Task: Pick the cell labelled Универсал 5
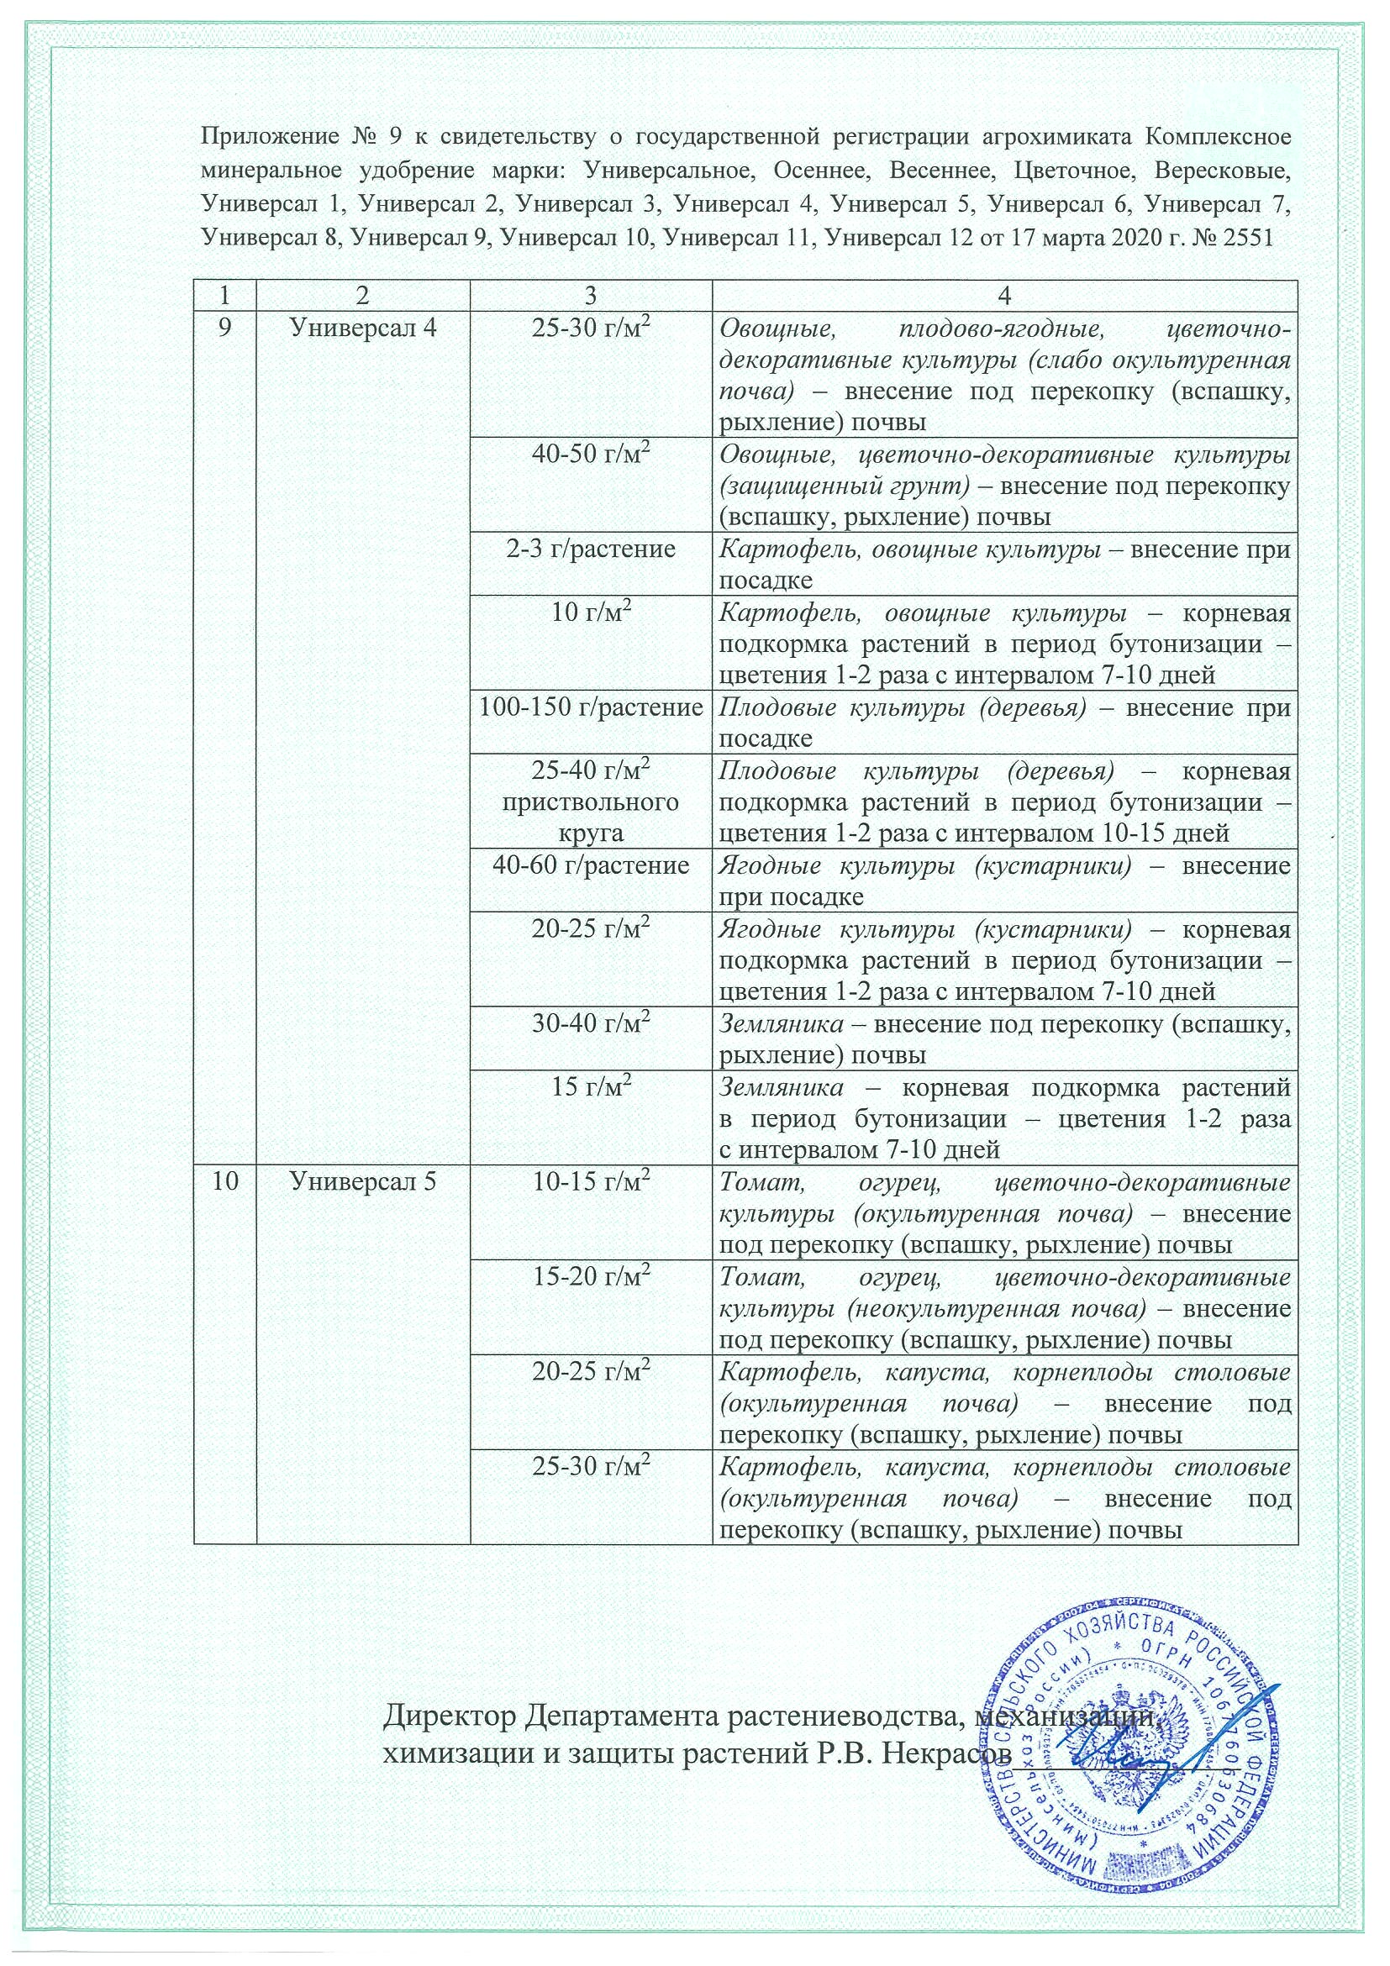(364, 1181)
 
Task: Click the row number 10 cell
(225, 1181)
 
